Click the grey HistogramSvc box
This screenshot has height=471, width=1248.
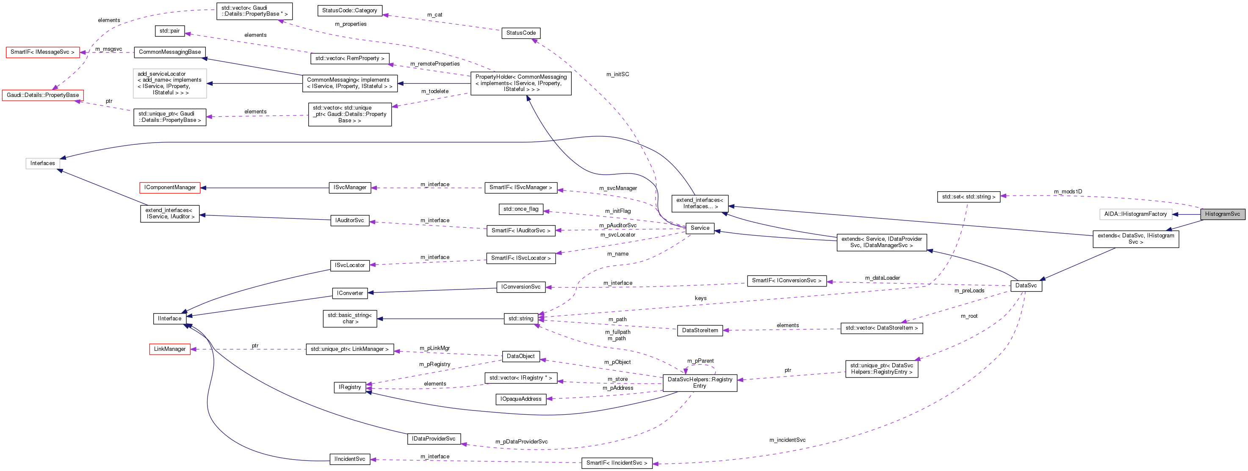pyautogui.click(x=1222, y=214)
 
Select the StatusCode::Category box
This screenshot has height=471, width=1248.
pyautogui.click(x=349, y=10)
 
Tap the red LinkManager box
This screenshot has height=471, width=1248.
pyautogui.click(x=169, y=349)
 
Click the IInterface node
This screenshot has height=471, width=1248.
pyautogui.click(x=169, y=319)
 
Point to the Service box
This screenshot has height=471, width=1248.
pyautogui.click(x=700, y=228)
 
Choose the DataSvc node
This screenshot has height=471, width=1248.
pyautogui.click(x=1026, y=286)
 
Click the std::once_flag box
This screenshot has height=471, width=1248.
pyautogui.click(x=520, y=209)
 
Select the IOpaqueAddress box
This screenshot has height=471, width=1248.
pyautogui.click(x=521, y=399)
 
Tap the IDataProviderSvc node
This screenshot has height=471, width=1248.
pyautogui.click(x=434, y=438)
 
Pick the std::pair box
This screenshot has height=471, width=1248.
pyautogui.click(x=169, y=31)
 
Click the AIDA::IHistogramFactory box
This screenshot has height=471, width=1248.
pyautogui.click(x=1135, y=214)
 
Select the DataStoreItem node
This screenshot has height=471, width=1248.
pyautogui.click(x=700, y=330)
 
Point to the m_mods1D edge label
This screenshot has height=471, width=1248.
pyautogui.click(x=1068, y=192)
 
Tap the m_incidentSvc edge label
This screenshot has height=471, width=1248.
pyautogui.click(x=787, y=440)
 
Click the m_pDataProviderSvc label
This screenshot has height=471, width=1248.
pyautogui.click(x=521, y=441)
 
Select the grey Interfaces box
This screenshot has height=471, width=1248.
pyautogui.click(x=43, y=163)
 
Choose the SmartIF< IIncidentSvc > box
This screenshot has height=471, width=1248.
pyautogui.click(x=616, y=463)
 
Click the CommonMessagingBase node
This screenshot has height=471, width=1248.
pyautogui.click(x=169, y=52)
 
